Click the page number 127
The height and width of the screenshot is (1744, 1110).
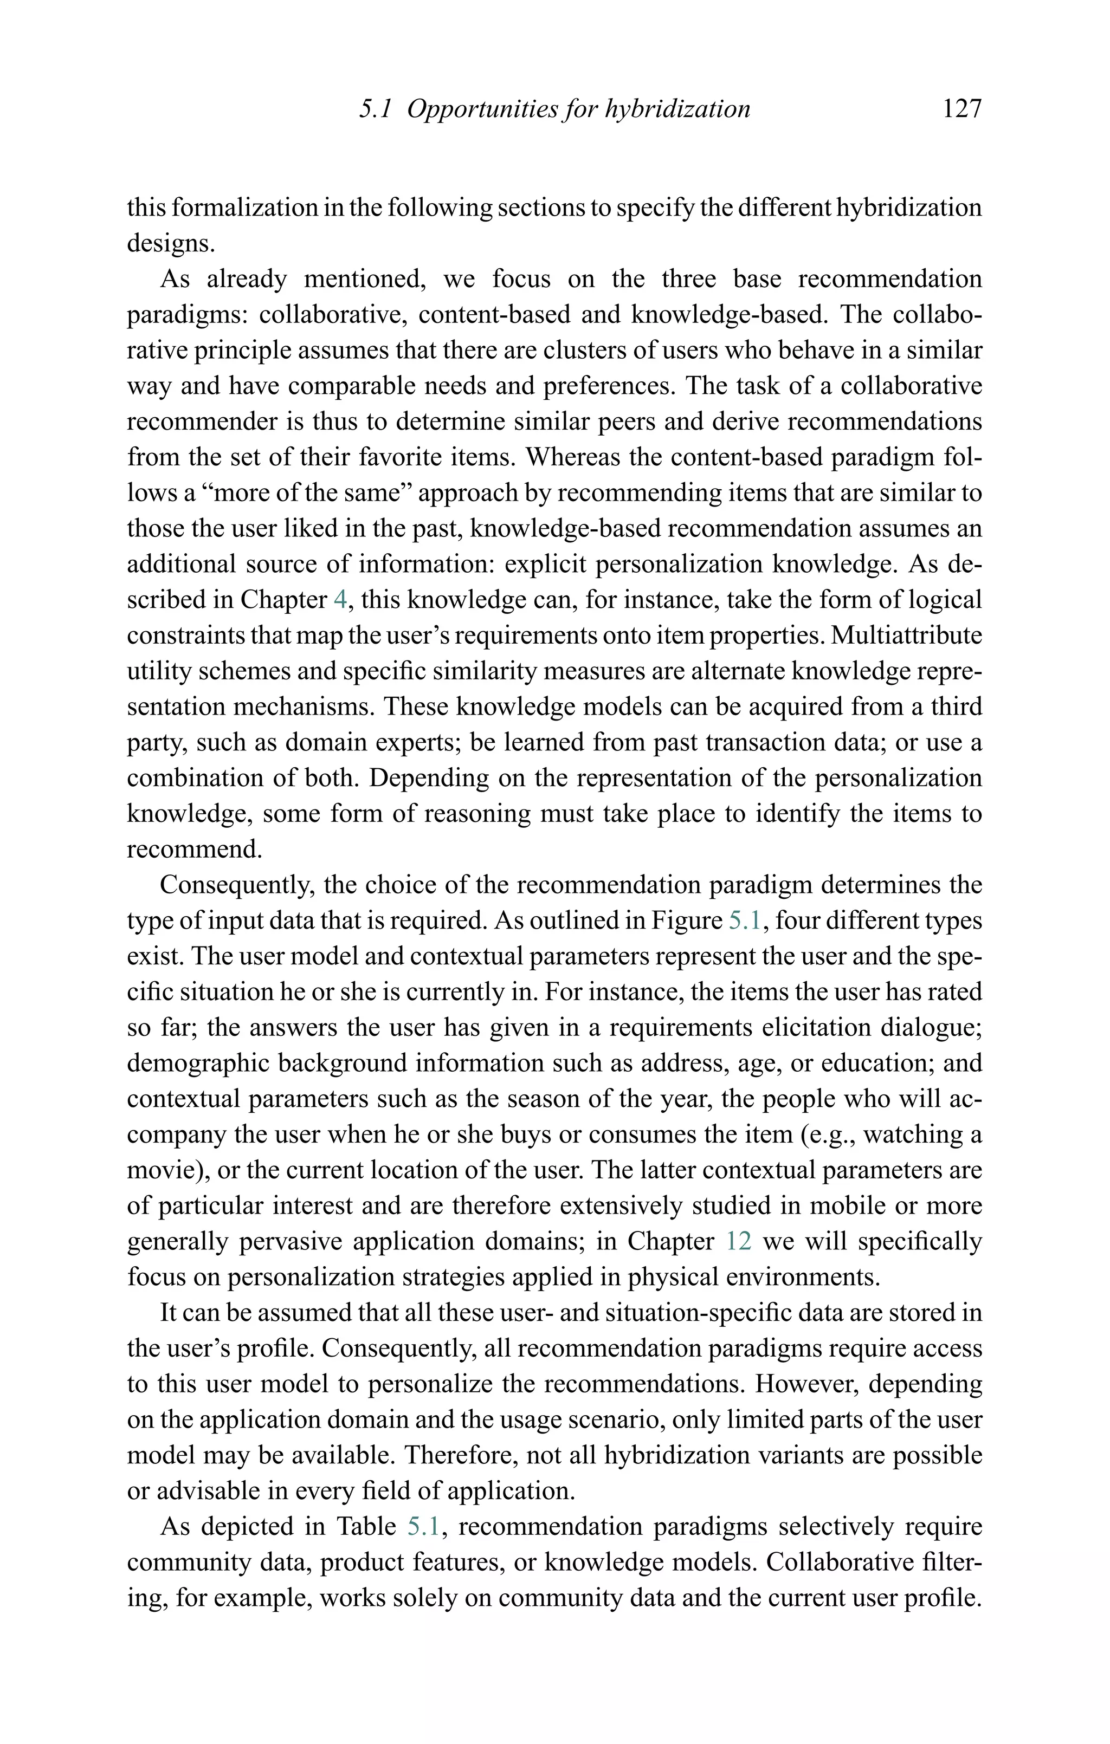tap(961, 109)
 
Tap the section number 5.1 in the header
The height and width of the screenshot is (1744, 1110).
tap(375, 109)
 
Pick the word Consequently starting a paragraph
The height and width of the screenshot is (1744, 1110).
tap(237, 885)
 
